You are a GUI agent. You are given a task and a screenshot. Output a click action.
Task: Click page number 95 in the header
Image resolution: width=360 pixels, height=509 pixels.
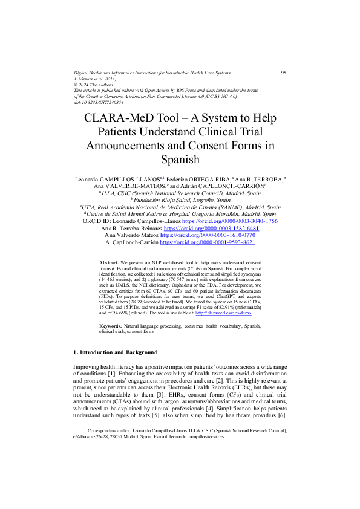[x=284, y=73]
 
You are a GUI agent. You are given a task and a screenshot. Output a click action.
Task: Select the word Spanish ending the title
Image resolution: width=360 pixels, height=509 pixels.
[x=180, y=160]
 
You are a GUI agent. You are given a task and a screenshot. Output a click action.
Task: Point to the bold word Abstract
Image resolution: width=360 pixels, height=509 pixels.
[x=109, y=263]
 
